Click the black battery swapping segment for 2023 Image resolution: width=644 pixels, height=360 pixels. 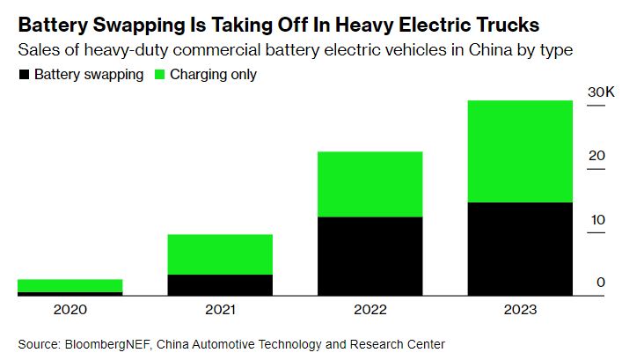tap(520, 248)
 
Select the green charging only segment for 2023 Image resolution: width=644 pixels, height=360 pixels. tap(520, 151)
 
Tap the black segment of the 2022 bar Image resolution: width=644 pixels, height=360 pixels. tap(370, 256)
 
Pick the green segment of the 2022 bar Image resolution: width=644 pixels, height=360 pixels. tap(370, 184)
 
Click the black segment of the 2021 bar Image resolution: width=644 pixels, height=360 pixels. tap(220, 285)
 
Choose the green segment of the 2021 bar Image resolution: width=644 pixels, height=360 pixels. tap(220, 254)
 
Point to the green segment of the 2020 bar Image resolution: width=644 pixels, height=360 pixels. tap(70, 285)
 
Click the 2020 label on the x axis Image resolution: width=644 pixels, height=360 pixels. tap(70, 310)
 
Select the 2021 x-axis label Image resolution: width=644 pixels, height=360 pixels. tap(220, 310)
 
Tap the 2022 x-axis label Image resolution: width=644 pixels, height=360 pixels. tap(370, 310)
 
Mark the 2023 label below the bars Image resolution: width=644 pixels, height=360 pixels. tap(520, 310)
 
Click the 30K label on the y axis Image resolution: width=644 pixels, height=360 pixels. tap(601, 92)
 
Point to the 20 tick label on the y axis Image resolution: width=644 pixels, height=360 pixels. tap(596, 156)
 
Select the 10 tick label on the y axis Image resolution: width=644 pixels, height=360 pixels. tap(598, 220)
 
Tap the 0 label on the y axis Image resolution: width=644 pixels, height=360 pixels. tap(601, 283)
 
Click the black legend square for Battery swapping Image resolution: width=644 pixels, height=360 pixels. tap(25, 75)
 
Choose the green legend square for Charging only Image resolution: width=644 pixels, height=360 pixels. tap(159, 75)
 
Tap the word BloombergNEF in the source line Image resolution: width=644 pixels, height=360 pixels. tap(109, 344)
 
